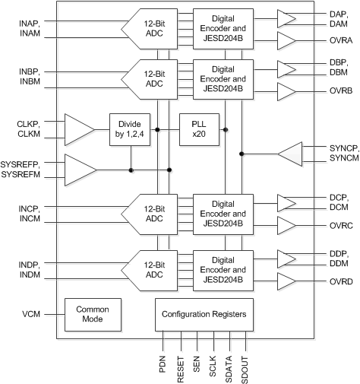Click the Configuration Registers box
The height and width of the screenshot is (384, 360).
pos(201,313)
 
